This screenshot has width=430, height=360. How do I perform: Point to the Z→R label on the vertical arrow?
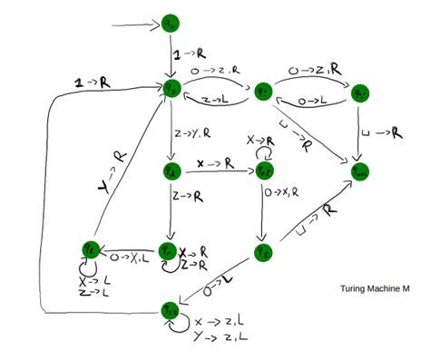click(x=186, y=194)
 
